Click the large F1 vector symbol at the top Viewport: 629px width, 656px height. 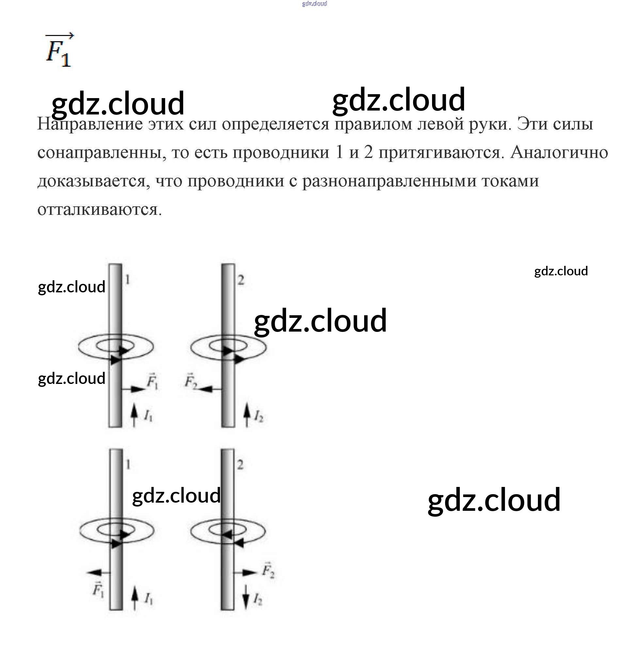pos(59,51)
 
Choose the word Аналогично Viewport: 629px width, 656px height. pos(559,153)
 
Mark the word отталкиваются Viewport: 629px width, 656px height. pos(99,210)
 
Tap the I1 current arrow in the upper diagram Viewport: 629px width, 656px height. pos(134,415)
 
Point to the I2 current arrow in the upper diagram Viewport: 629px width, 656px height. pos(247,415)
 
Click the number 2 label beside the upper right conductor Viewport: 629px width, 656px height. pos(241,280)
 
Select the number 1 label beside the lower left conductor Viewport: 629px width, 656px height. pos(128,465)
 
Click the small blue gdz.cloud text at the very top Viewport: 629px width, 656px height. pos(314,4)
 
